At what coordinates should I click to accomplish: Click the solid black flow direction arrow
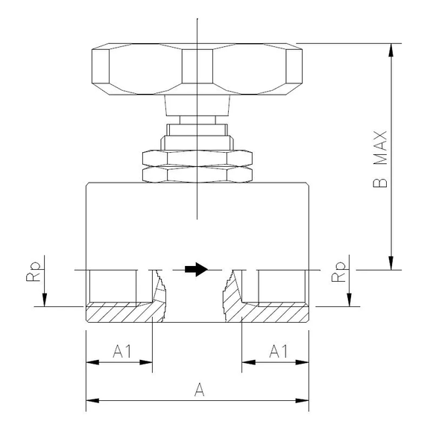click(195, 269)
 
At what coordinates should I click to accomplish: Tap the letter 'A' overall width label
click(197, 388)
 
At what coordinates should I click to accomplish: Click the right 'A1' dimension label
click(275, 350)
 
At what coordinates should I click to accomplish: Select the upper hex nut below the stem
click(197, 157)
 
